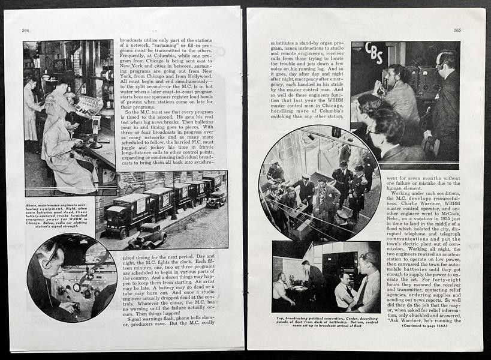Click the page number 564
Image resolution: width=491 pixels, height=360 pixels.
point(26,30)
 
